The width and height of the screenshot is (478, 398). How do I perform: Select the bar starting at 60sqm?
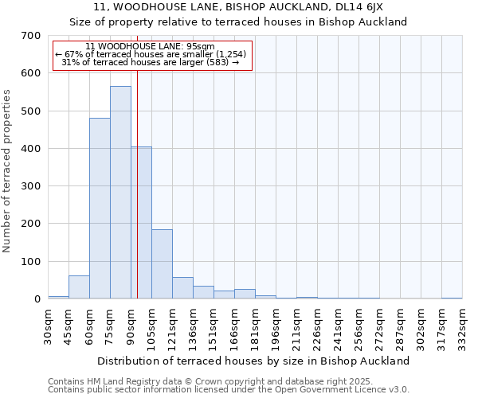pyautogui.click(x=100, y=209)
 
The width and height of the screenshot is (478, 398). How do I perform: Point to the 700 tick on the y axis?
pyautogui.click(x=31, y=36)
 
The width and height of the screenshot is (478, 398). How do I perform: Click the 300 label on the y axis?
pyautogui.click(x=31, y=186)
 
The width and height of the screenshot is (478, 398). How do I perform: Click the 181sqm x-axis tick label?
pyautogui.click(x=256, y=326)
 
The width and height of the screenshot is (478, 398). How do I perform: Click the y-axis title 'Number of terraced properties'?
pyautogui.click(x=7, y=171)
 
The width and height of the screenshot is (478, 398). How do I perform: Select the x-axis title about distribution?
pyautogui.click(x=255, y=361)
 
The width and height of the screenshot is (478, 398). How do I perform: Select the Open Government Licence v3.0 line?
pyautogui.click(x=228, y=390)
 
